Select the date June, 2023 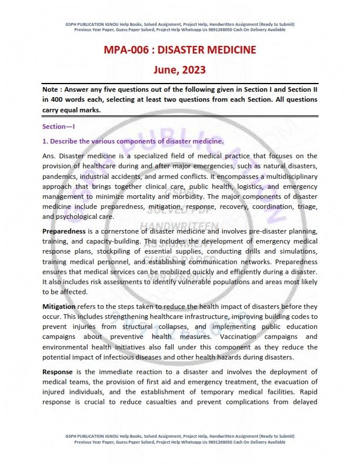180,70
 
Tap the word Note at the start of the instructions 52,89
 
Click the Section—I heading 59,127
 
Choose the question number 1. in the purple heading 45,141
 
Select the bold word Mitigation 59,307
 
